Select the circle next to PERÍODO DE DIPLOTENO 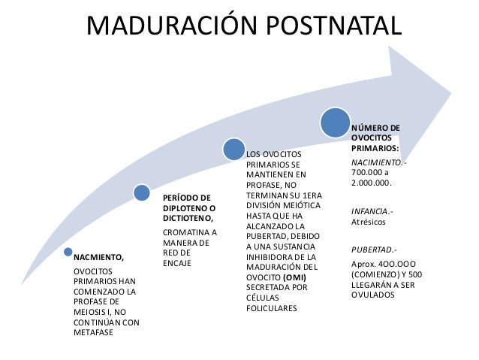(x=142, y=193)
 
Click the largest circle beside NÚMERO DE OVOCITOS (x=335, y=123)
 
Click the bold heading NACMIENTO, (x=98, y=256)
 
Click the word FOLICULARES (x=272, y=308)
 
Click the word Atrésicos (x=368, y=222)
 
